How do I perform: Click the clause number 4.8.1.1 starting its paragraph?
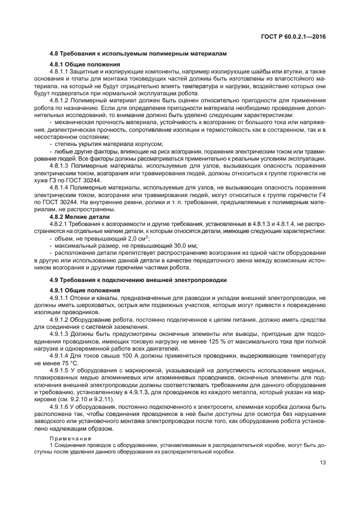[59, 71]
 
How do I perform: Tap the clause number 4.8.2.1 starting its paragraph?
[59, 223]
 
